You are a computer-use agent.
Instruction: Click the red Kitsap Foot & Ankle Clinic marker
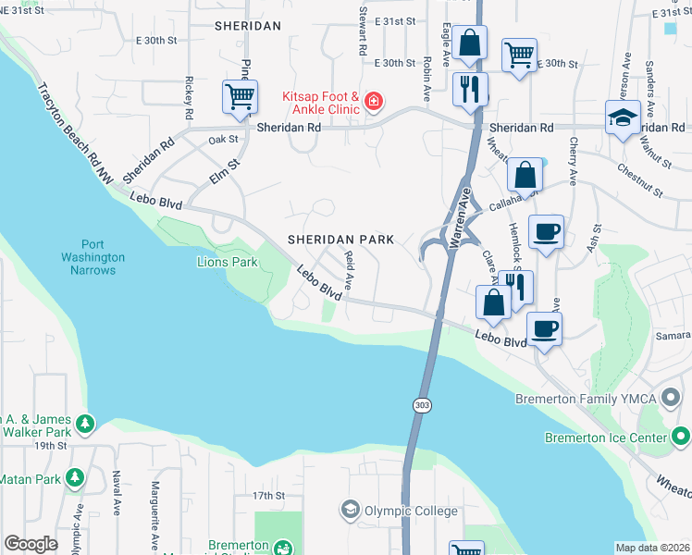click(x=373, y=101)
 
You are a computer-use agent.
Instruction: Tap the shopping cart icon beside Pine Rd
click(x=240, y=95)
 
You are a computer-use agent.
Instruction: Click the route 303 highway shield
click(x=421, y=405)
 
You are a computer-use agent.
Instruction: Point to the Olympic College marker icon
click(x=350, y=510)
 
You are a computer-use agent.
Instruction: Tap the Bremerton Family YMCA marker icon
click(x=672, y=399)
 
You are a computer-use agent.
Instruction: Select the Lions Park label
click(x=227, y=263)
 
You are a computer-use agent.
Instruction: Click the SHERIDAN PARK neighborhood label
click(x=340, y=239)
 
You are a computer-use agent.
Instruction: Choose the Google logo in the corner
click(x=30, y=544)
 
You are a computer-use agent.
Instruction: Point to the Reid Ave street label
click(x=350, y=269)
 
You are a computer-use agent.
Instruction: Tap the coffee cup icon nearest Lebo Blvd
click(x=544, y=328)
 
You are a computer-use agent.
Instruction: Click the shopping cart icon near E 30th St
click(x=520, y=55)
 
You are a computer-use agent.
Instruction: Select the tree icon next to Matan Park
click(x=75, y=478)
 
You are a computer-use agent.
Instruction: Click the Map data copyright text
click(x=651, y=548)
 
